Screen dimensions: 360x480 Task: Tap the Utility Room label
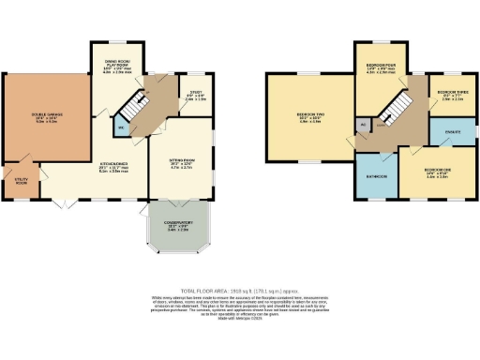click(20, 182)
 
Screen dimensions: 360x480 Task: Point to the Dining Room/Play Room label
click(117, 66)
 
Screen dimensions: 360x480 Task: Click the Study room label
click(196, 96)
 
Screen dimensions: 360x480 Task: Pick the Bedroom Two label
click(309, 118)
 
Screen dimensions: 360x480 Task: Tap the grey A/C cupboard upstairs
click(362, 124)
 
